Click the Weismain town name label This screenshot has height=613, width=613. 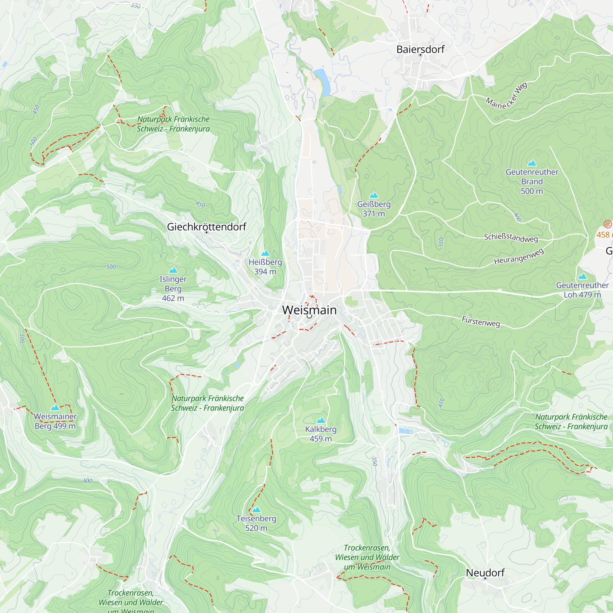pyautogui.click(x=309, y=310)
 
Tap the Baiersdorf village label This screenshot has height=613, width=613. pyautogui.click(x=421, y=49)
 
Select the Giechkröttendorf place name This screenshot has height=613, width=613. pyautogui.click(x=207, y=227)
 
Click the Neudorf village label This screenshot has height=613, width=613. pyautogui.click(x=485, y=573)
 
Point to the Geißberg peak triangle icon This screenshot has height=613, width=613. pyautogui.click(x=374, y=196)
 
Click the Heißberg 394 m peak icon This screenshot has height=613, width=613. pyautogui.click(x=265, y=253)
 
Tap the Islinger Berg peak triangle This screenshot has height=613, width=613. pyautogui.click(x=173, y=270)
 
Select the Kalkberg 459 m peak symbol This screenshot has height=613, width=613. pyautogui.click(x=321, y=421)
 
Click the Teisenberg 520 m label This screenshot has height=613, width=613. pyautogui.click(x=256, y=523)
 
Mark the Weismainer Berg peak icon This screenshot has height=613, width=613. pyautogui.click(x=55, y=408)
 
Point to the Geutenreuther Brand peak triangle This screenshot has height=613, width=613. pyautogui.click(x=532, y=163)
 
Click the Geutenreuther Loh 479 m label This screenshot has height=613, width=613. pyautogui.click(x=582, y=290)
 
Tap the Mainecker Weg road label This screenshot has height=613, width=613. pyautogui.click(x=506, y=97)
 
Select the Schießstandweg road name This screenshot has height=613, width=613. pyautogui.click(x=511, y=238)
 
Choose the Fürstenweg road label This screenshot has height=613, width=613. pyautogui.click(x=481, y=322)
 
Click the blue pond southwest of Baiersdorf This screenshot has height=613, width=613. pyautogui.click(x=322, y=82)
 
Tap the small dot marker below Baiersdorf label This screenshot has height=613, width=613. pyautogui.click(x=421, y=55)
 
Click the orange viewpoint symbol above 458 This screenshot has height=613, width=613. pyautogui.click(x=607, y=224)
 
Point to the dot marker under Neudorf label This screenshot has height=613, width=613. pyautogui.click(x=485, y=578)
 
